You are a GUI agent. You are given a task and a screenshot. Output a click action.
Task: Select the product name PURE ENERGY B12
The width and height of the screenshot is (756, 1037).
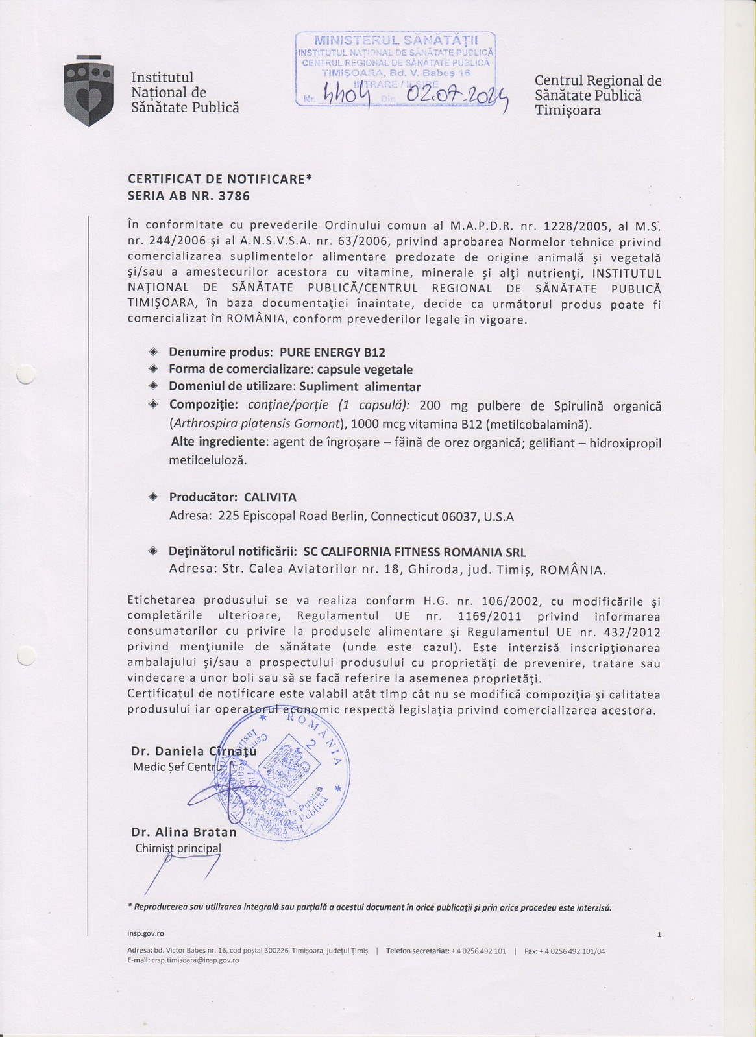332,353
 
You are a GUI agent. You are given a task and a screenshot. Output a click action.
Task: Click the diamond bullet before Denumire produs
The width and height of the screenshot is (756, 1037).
154,352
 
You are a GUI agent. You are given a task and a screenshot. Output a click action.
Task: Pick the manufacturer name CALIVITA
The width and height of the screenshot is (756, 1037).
270,497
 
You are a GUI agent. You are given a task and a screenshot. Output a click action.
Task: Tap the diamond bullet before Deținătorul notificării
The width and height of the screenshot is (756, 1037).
154,552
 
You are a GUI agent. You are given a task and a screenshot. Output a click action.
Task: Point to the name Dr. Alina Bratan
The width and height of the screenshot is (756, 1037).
184,832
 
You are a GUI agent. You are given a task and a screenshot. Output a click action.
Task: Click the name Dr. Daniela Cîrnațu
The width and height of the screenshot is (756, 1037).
193,751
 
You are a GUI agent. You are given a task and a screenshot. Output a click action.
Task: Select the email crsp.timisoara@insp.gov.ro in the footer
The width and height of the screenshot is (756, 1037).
195,960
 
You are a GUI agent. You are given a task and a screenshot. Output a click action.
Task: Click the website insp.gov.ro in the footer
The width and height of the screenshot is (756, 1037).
145,933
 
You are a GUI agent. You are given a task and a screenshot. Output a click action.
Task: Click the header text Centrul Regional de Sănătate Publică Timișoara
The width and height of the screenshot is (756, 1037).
598,95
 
